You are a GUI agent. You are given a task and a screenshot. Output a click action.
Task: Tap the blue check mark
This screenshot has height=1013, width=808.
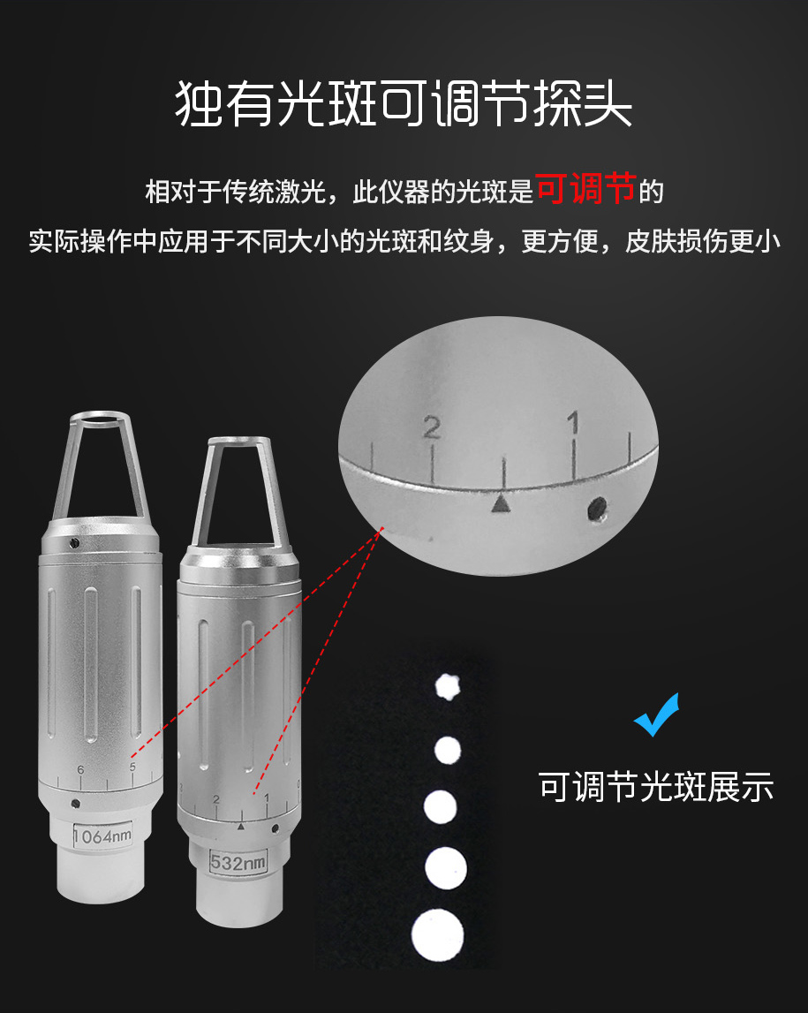coord(657,714)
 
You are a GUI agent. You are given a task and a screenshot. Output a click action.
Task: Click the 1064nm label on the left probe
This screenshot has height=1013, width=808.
coord(102,836)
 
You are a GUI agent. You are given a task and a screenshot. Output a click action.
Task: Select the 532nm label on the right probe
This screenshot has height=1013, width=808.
coord(238,862)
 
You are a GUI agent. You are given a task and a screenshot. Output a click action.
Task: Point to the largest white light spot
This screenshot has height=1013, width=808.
coord(437,934)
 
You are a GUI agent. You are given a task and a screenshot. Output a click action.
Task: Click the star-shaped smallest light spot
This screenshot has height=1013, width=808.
coord(447,687)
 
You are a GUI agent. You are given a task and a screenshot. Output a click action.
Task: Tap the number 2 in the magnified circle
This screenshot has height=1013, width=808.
coord(432,427)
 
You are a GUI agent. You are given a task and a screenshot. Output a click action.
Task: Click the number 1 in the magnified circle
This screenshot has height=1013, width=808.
coord(573,423)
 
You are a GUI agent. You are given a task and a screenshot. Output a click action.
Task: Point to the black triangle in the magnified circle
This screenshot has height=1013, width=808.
coord(501,503)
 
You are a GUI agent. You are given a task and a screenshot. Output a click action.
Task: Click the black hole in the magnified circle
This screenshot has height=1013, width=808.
coord(598,508)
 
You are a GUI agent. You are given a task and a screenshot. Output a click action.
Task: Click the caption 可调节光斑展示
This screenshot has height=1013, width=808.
coord(656,787)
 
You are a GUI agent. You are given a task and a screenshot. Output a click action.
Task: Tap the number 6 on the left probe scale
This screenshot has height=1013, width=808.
coord(80,769)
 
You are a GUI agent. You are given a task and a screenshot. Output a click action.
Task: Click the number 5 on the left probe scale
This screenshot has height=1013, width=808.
coord(132,767)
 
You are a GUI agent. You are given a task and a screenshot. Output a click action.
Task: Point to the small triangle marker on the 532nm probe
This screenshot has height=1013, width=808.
coord(241,827)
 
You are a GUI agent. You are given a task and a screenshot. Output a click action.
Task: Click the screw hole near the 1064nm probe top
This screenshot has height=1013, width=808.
coord(74,542)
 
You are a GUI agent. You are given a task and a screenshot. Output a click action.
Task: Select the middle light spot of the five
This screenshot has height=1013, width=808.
coord(441,807)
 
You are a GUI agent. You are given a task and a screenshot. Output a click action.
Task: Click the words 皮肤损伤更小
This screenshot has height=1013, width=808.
coord(703,241)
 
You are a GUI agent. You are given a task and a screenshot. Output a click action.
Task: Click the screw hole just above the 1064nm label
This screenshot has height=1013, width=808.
coord(76,804)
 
